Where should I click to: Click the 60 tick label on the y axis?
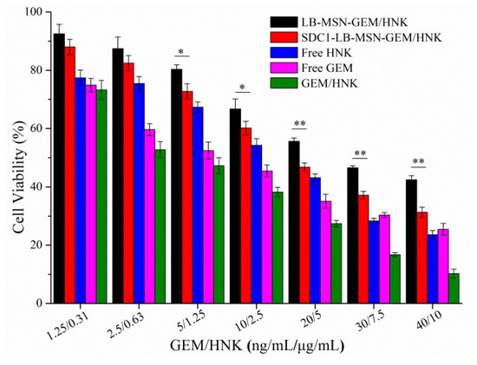coord(35,128)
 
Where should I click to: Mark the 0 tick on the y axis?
coord(38,303)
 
